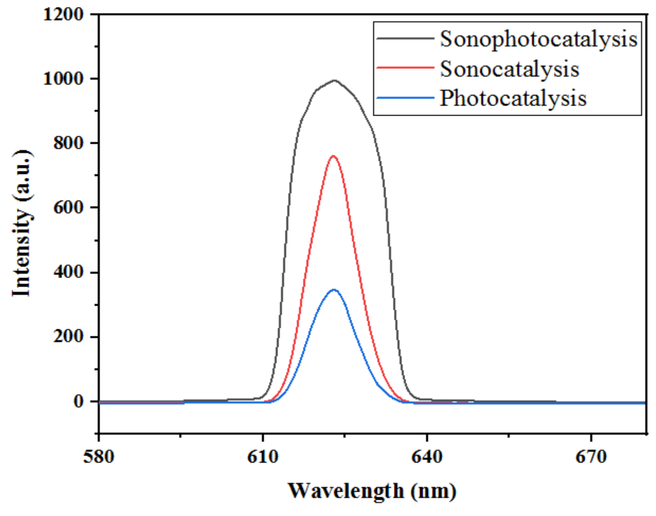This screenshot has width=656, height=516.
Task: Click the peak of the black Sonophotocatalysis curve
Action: [x=334, y=80]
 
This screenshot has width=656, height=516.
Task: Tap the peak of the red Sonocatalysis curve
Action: [x=333, y=156]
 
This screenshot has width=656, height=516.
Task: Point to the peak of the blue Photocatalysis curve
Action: [x=334, y=290]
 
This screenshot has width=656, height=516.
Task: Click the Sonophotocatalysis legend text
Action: [x=538, y=39]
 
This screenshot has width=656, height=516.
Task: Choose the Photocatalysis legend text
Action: [x=513, y=98]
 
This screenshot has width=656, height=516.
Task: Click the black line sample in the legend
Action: [x=405, y=38]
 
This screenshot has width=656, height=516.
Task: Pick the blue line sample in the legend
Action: [x=405, y=97]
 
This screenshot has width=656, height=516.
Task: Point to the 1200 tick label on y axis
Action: [x=63, y=14]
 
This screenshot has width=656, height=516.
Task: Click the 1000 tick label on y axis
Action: [x=63, y=79]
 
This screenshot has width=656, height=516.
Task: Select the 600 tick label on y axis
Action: [x=68, y=208]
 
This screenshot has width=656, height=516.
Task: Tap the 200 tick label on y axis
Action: [x=68, y=337]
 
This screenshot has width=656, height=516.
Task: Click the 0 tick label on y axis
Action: [x=79, y=401]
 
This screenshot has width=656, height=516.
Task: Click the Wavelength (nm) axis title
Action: [x=372, y=491]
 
